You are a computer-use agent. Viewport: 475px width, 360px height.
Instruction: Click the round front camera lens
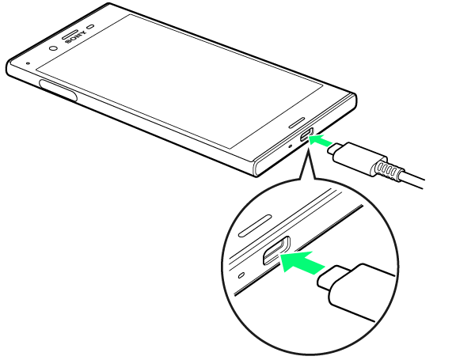[53, 48]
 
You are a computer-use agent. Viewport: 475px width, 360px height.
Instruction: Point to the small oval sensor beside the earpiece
[91, 27]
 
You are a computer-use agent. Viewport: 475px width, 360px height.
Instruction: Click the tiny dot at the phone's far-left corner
[28, 63]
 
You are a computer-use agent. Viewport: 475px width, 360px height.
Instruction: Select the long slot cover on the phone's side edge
[58, 90]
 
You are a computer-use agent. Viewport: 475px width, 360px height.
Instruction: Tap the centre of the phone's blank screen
[180, 81]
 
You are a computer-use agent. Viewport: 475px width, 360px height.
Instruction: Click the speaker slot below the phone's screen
[297, 122]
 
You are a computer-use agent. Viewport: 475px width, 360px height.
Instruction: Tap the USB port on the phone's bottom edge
[306, 135]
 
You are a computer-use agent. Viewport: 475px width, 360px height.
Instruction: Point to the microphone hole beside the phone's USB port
[291, 146]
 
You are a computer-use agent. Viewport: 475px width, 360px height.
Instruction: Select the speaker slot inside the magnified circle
[255, 225]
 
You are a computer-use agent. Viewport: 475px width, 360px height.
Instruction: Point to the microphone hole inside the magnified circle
[241, 275]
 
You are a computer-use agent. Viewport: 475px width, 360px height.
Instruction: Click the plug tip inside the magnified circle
[328, 278]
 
